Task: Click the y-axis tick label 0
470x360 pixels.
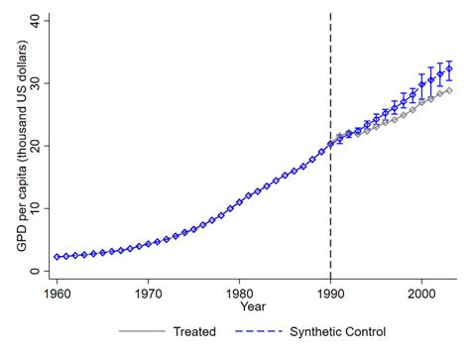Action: point(37,271)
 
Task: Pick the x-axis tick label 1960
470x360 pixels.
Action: point(58,295)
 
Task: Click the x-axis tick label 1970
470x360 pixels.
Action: point(149,295)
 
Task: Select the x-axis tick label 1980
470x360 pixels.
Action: point(239,295)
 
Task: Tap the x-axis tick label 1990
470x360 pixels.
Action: point(330,295)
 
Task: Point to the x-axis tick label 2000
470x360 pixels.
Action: point(421,295)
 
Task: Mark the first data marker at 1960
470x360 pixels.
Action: point(58,257)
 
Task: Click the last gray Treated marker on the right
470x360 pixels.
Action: point(449,90)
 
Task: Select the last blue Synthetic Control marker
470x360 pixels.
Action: point(449,68)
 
